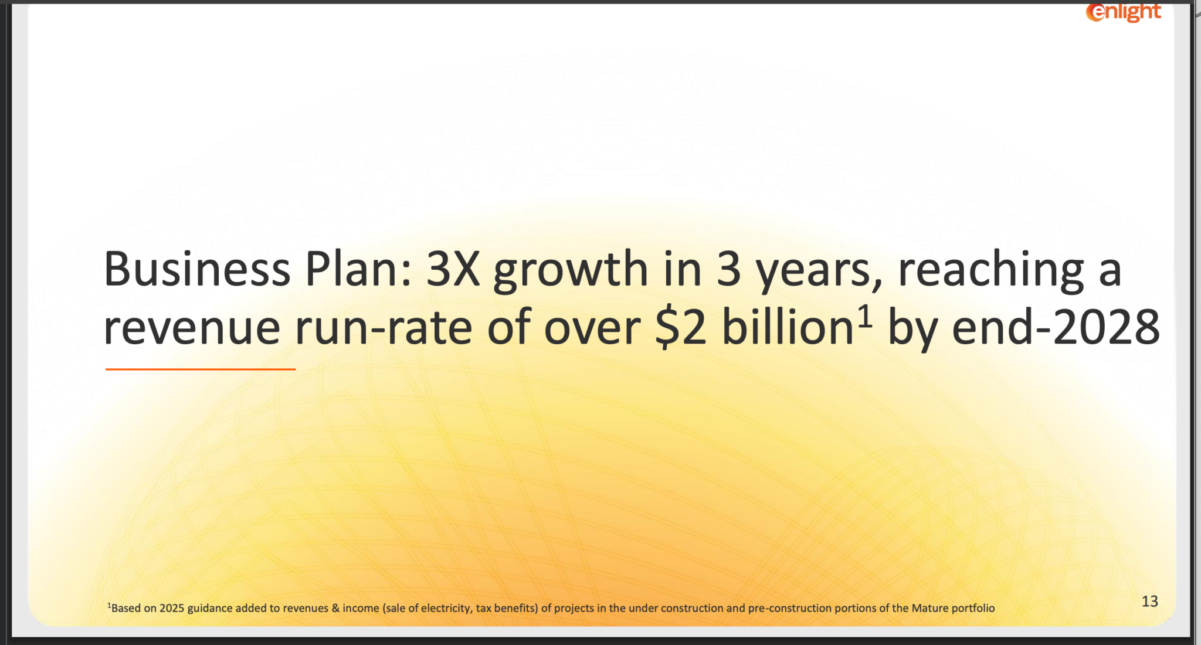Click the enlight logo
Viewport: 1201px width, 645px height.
pos(1123,12)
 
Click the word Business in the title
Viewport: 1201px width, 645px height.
pos(197,269)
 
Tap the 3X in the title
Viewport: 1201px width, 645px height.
pos(453,269)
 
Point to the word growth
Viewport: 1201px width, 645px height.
pos(571,271)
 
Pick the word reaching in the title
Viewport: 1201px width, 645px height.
pos(990,271)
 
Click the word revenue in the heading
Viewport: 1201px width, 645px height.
pos(192,328)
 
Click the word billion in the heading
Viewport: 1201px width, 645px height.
pos(788,326)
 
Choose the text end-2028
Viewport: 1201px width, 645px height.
pos(1056,326)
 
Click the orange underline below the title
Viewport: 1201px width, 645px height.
pos(201,369)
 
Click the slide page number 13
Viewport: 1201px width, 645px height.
pos(1150,601)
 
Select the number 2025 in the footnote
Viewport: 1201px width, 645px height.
pos(172,608)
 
